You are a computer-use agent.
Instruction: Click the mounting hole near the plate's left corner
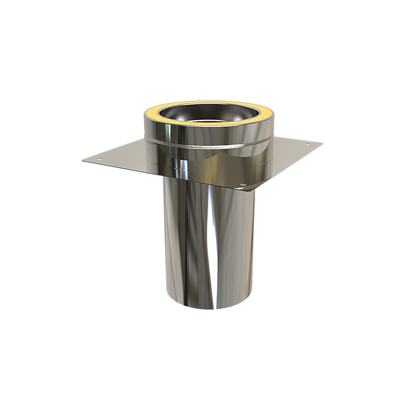pos(99,157)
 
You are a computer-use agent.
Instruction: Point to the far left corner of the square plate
pos(82,161)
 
